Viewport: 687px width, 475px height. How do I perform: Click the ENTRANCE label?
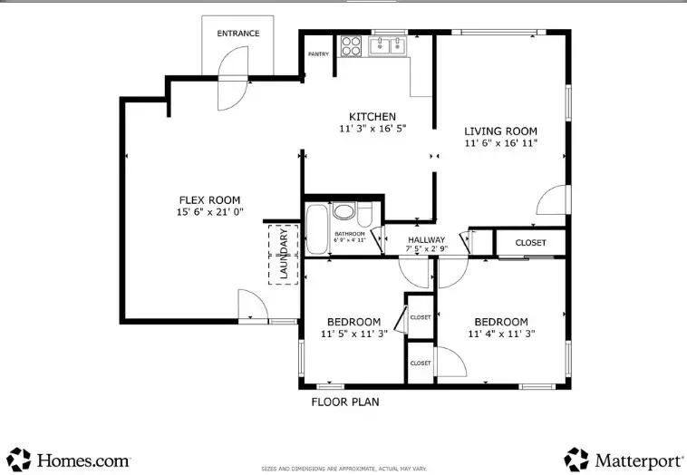coord(237,34)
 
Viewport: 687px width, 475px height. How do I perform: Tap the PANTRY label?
coord(318,54)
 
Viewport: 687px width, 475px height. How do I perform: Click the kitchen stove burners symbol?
coord(351,46)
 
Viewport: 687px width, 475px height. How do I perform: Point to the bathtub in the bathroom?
coord(316,229)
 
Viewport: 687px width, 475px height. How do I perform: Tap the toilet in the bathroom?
coord(364,214)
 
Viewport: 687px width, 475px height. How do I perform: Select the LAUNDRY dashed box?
coord(283,254)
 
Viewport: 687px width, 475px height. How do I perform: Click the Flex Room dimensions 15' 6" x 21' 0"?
coord(208,212)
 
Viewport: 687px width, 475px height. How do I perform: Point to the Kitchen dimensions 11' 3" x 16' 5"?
coord(373,129)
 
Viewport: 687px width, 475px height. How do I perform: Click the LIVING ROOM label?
coord(501,131)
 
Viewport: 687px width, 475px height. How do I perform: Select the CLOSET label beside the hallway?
coord(530,243)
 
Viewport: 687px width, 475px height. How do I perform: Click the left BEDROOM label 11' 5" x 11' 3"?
coord(353,322)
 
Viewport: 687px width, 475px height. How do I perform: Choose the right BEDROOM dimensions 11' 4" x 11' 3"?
coord(501,334)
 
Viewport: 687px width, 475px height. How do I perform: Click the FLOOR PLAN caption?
coord(345,402)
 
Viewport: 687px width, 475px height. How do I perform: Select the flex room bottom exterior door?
coord(251,305)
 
